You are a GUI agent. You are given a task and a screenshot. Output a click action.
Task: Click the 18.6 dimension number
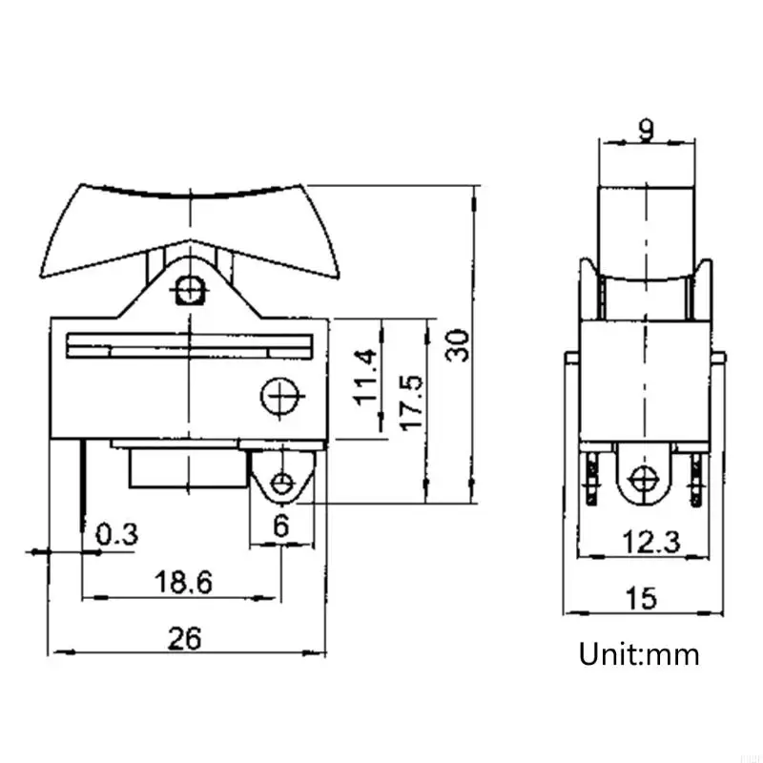182,582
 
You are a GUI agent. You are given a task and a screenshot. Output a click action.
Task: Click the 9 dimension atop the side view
646,130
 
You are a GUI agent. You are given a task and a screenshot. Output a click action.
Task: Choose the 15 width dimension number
642,598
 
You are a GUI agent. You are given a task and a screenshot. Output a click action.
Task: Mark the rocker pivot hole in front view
191,289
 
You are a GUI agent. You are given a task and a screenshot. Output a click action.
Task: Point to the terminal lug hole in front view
281,483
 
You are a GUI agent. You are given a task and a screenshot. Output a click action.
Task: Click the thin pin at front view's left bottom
83,477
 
